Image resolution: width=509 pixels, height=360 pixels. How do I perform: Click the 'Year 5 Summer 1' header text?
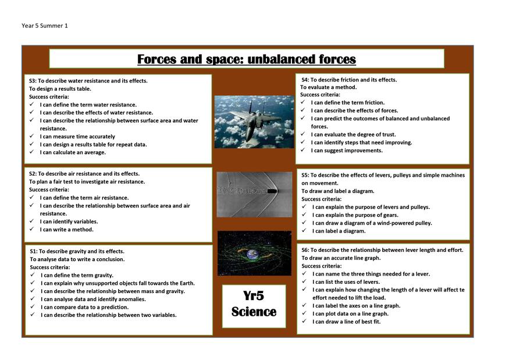(45, 26)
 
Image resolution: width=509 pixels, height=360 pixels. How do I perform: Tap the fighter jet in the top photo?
(255, 118)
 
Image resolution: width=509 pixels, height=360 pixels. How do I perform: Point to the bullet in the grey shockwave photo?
(272, 191)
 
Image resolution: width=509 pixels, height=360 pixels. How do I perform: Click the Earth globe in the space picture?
(253, 254)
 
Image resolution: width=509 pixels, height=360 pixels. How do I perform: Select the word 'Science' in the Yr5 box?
(254, 312)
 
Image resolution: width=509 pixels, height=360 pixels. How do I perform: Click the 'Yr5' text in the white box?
(254, 295)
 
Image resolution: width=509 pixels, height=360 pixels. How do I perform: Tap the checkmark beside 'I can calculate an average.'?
(32, 152)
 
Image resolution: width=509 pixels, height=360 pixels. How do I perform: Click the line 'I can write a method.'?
(66, 230)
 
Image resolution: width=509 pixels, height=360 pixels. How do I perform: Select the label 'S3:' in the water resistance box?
(33, 81)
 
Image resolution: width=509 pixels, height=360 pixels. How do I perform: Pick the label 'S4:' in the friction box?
(305, 80)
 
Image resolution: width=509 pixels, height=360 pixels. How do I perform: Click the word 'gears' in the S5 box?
(390, 215)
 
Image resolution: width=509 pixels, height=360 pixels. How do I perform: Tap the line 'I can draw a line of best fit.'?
(346, 322)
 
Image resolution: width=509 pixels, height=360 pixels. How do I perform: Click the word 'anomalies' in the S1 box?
(133, 300)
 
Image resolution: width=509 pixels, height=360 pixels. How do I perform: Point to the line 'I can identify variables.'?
(69, 222)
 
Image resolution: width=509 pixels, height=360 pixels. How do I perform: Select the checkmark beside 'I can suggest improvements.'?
(303, 149)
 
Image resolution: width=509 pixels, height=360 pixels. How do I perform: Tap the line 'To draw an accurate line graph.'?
(341, 258)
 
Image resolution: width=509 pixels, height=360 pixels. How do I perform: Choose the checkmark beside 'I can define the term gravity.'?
(33, 275)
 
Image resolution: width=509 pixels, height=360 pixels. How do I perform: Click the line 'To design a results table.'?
(60, 89)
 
